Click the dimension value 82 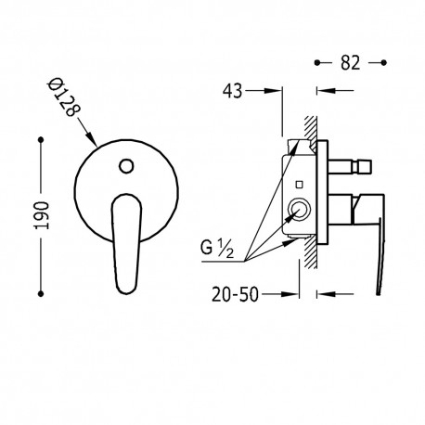[351, 63]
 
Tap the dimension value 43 [233, 91]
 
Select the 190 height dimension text [42, 215]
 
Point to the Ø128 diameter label [64, 97]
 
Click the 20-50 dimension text [235, 295]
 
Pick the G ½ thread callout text [217, 250]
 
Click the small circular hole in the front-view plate [126, 166]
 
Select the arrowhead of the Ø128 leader [92, 140]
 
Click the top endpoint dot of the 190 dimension [41, 140]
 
